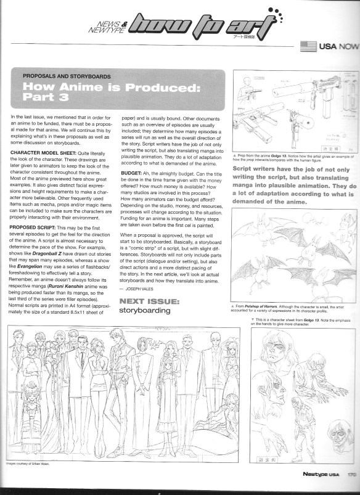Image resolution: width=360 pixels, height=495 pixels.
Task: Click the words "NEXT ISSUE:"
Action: pyautogui.click(x=149, y=301)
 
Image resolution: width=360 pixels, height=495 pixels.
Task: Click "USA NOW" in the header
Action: pyautogui.click(x=339, y=46)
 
